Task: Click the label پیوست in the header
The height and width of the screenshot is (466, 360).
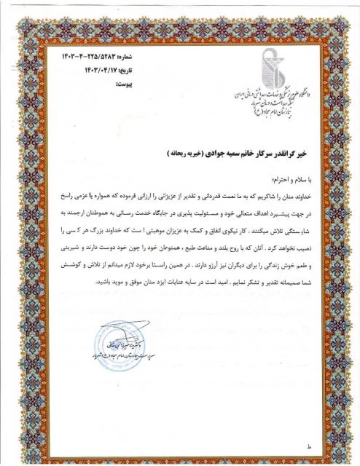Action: (120, 82)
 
